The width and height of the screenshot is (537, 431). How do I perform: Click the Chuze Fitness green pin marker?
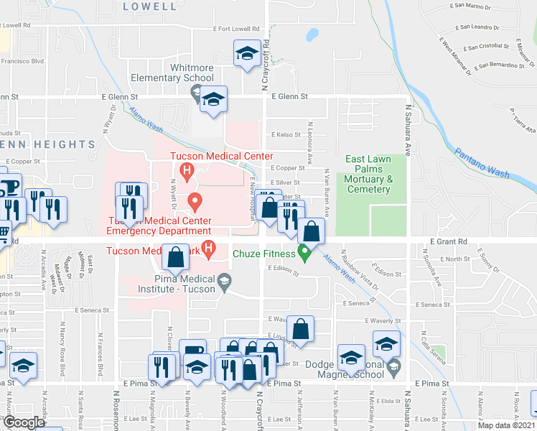[x=304, y=253]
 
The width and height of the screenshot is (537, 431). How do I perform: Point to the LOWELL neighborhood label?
[x=149, y=6]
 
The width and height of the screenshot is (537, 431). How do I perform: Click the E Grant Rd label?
[x=449, y=243]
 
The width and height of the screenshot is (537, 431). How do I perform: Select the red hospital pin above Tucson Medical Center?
[x=187, y=171]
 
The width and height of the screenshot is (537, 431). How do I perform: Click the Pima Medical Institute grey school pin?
[x=224, y=279]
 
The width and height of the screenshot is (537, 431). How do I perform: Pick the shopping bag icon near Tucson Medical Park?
[x=176, y=256]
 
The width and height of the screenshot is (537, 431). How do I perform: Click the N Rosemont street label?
[x=116, y=410]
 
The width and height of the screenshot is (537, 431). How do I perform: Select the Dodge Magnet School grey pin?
[x=393, y=369]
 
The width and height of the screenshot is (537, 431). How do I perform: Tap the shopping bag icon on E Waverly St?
[x=303, y=328]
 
